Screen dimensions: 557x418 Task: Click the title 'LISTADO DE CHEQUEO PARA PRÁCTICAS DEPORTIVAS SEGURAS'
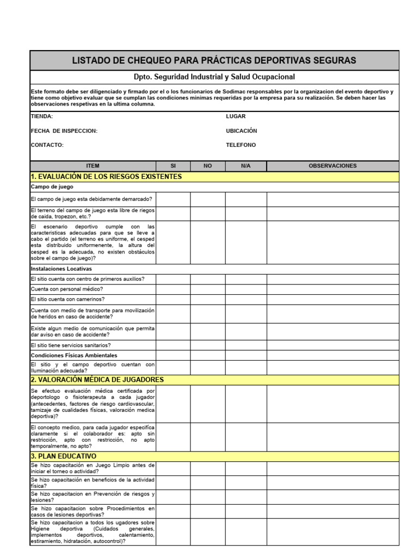point(214,60)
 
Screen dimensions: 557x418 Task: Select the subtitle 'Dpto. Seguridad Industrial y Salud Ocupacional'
point(214,77)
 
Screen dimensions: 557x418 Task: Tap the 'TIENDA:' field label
point(42,116)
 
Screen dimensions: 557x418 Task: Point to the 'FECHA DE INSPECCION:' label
point(64,131)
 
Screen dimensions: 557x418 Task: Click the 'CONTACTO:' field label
point(47,145)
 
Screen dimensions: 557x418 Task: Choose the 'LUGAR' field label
point(236,116)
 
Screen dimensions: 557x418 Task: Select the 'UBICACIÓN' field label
point(241,131)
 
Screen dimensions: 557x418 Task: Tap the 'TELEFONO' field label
point(241,145)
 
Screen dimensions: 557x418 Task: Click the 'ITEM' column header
point(93,166)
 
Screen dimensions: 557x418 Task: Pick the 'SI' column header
point(173,166)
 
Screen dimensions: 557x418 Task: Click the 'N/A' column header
point(245,166)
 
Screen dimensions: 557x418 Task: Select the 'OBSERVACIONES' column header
point(333,166)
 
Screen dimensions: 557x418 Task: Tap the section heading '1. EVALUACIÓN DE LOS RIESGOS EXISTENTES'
point(106,177)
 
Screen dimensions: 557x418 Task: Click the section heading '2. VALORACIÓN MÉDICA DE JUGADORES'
point(97,380)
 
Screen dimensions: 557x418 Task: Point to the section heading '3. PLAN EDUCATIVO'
point(64,456)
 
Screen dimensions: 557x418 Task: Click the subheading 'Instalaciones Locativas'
point(62,269)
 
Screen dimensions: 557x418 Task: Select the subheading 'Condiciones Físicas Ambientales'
point(74,355)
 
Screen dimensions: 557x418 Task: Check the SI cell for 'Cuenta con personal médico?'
point(173,289)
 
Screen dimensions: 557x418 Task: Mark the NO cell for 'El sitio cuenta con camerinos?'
point(207,299)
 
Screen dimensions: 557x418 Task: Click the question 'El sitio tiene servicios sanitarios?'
point(71,345)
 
